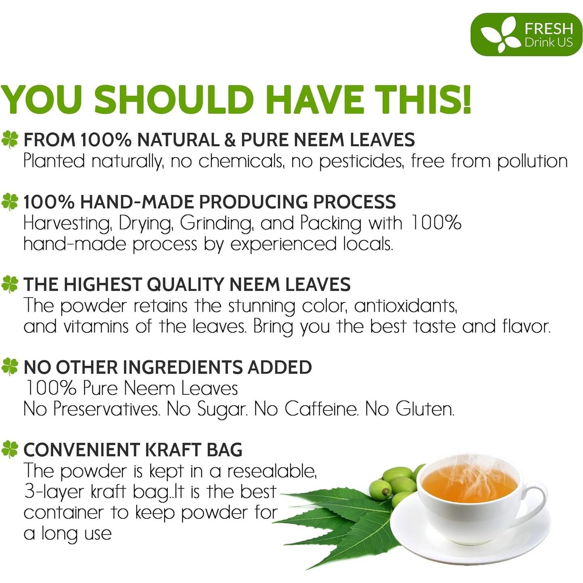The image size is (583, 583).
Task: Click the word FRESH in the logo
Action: tap(549, 29)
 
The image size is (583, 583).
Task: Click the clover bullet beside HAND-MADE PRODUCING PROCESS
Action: tap(10, 201)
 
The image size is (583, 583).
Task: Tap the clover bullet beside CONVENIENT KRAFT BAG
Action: tap(10, 449)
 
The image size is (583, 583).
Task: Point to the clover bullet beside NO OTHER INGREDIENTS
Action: tap(10, 367)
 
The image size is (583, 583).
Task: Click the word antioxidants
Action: tap(405, 305)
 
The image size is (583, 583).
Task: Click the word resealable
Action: tap(271, 471)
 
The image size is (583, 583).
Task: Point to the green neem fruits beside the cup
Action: tap(394, 483)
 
